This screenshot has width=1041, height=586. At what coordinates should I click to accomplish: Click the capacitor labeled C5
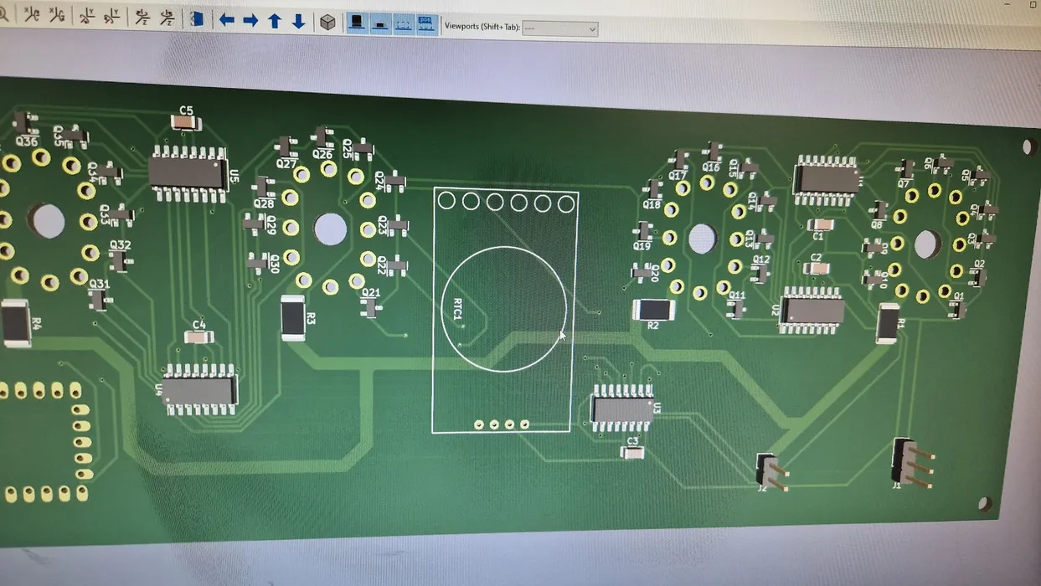click(186, 123)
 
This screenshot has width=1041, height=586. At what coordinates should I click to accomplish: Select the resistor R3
click(293, 318)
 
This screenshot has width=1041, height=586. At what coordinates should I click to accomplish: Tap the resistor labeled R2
click(653, 310)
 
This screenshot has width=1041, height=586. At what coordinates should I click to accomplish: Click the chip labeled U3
click(621, 409)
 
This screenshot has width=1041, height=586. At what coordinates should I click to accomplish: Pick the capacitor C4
click(198, 337)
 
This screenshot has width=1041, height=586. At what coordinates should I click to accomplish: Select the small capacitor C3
click(632, 453)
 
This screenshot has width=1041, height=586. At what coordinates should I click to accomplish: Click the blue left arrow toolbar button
click(226, 20)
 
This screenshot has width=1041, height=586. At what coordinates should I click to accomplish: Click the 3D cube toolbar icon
click(327, 22)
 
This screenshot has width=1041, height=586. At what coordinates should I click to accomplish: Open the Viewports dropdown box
click(559, 28)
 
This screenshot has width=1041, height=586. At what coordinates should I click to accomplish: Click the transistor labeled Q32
click(121, 262)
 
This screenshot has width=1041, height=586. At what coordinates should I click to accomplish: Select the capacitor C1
click(821, 224)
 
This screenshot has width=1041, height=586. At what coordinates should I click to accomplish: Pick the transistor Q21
click(370, 308)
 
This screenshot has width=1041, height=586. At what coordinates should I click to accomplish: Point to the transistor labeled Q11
click(735, 310)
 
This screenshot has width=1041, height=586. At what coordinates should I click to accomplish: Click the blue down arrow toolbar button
click(298, 21)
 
